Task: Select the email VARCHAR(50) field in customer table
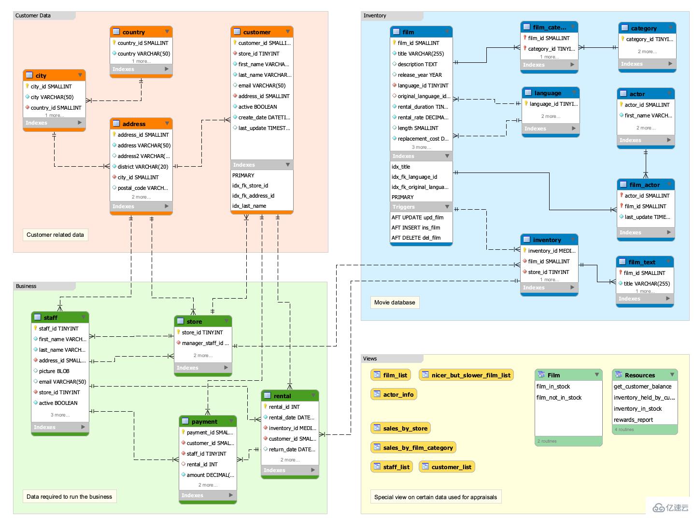click(x=261, y=86)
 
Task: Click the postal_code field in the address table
click(x=142, y=188)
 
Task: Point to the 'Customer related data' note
click(x=55, y=235)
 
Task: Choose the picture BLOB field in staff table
click(x=54, y=371)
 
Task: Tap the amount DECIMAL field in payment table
click(x=210, y=475)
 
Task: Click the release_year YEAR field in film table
click(x=419, y=75)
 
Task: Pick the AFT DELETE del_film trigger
click(x=416, y=238)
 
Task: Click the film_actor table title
click(x=644, y=185)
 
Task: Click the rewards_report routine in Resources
click(x=633, y=420)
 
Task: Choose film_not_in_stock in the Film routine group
click(x=559, y=398)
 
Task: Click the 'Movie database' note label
click(x=395, y=302)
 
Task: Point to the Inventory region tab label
click(x=375, y=15)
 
